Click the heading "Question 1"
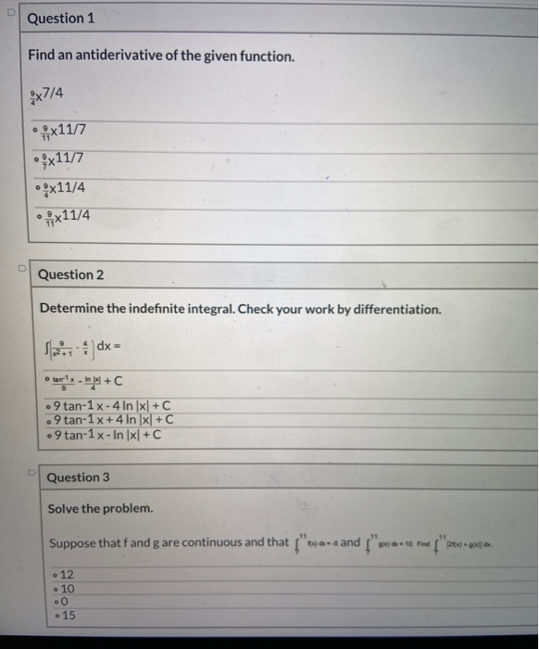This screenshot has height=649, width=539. tap(61, 19)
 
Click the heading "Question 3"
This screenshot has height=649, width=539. tap(79, 477)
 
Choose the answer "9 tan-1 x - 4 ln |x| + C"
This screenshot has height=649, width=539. tap(112, 405)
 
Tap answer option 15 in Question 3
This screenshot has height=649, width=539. tap(67, 616)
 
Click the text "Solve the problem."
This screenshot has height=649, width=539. tap(101, 509)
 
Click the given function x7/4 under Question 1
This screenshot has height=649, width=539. tap(47, 92)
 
